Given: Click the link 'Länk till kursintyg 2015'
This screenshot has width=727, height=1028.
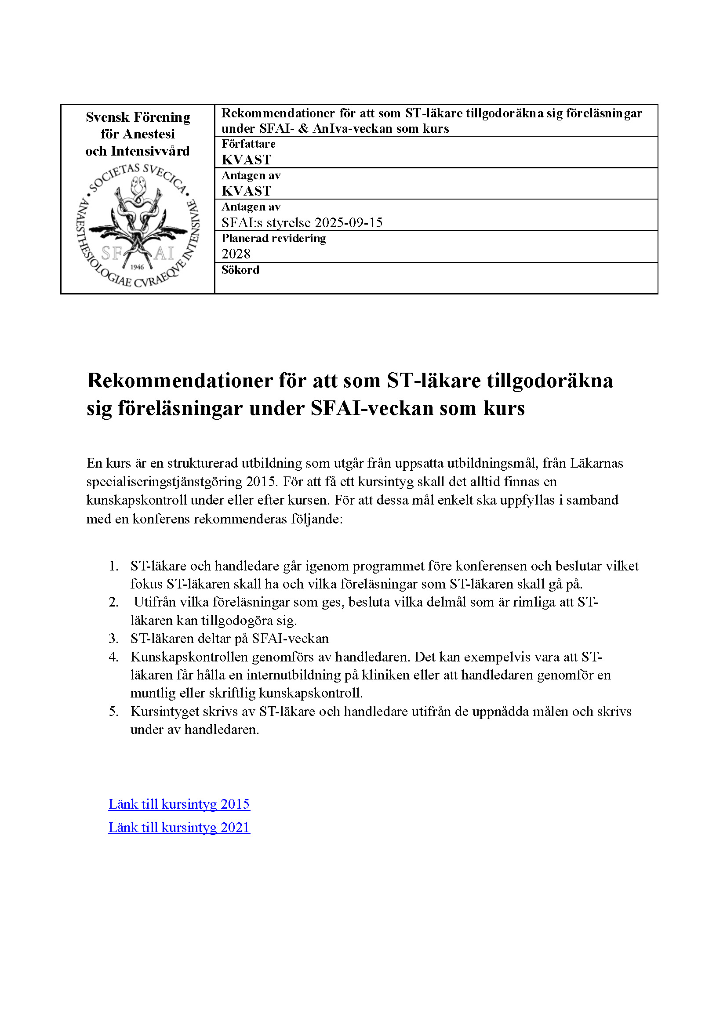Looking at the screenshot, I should (x=179, y=804).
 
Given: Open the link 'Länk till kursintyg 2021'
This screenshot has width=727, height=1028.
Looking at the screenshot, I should (x=179, y=828).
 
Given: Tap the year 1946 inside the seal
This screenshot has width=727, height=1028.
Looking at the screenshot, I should (x=137, y=267).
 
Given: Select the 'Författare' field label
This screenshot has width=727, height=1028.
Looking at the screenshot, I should (x=248, y=144).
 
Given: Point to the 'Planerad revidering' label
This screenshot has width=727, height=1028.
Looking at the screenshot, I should (x=273, y=239).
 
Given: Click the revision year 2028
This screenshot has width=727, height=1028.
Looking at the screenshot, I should (x=236, y=254).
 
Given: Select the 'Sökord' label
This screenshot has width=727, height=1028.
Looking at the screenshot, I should (x=240, y=270).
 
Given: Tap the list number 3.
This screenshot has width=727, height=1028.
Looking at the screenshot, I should (x=114, y=639).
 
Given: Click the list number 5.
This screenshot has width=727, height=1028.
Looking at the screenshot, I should (x=114, y=712).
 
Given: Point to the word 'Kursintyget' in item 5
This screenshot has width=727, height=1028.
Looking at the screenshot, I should (x=165, y=712).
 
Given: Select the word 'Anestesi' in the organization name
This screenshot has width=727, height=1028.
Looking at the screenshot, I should (x=149, y=134).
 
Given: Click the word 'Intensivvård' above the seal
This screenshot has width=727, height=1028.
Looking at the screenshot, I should (x=150, y=151).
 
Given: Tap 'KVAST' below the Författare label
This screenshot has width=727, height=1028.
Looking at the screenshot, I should (x=247, y=160).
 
